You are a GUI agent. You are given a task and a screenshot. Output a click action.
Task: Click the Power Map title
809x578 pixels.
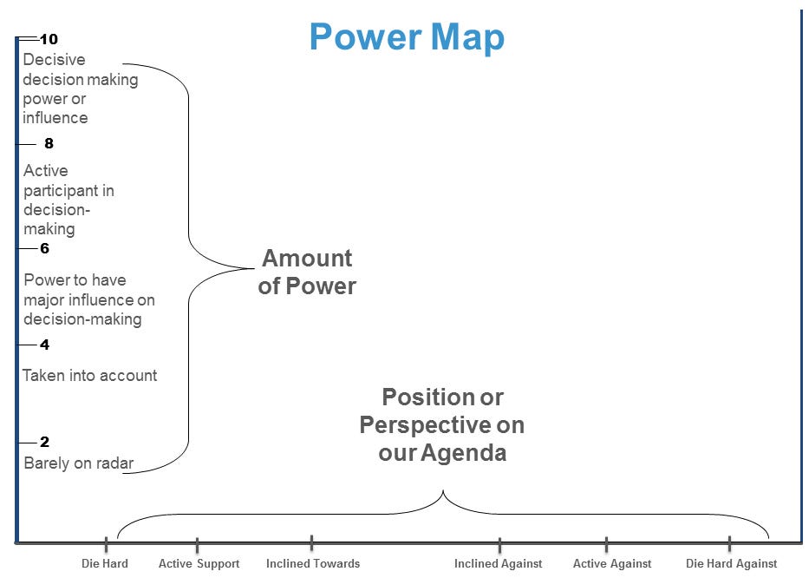407,37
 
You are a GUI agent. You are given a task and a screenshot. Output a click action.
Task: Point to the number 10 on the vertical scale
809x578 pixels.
49,39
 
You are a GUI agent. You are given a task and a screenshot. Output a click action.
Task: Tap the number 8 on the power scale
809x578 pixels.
49,144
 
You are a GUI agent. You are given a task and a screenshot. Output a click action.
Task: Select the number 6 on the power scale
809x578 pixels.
45,249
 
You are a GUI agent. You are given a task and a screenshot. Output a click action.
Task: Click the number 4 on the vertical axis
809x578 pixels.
45,345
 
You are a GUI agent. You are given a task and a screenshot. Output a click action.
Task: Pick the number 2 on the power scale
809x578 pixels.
45,442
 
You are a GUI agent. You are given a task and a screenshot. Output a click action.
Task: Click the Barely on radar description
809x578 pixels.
79,463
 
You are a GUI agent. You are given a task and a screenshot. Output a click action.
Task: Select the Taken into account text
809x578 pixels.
90,376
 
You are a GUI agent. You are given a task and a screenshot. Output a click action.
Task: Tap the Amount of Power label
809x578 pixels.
307,272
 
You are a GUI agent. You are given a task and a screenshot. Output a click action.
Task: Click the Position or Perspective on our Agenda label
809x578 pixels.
442,424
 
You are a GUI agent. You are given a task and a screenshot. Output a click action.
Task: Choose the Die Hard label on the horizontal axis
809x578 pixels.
105,564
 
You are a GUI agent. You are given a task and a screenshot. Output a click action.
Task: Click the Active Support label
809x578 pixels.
199,564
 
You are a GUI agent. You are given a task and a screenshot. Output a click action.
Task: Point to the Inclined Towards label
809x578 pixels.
312,564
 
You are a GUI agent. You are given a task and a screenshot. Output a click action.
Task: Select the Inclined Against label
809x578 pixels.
498,564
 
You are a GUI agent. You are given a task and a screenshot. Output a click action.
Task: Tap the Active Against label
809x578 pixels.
612,564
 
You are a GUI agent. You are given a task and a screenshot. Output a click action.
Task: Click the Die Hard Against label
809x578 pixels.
731,564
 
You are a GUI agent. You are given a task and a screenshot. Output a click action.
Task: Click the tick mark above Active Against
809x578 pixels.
606,544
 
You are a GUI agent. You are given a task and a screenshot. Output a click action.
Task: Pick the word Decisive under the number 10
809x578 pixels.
54,61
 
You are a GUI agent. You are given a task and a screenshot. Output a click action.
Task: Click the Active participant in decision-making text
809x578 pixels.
69,200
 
